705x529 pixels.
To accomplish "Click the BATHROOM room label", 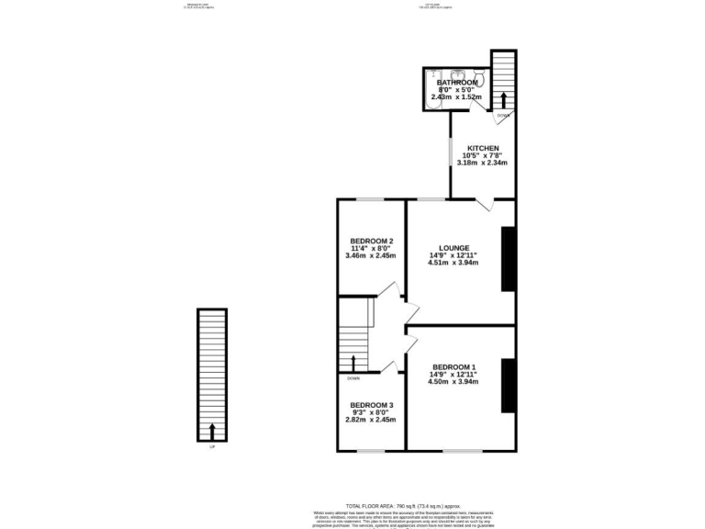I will [457, 83].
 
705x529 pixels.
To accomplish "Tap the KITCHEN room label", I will [483, 149].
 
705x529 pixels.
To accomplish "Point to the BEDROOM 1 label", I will [454, 366].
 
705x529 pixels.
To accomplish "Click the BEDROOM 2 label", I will [372, 242].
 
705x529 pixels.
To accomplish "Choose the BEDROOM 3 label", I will [372, 405].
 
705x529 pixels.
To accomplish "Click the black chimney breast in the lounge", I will [508, 259].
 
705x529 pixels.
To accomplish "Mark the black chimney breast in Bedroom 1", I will [508, 386].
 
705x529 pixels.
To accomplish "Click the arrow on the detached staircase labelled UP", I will [213, 431].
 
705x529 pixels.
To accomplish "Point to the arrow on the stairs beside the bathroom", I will [503, 98].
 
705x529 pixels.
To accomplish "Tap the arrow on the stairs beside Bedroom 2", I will [353, 360].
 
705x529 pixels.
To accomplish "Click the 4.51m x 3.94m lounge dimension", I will [453, 263].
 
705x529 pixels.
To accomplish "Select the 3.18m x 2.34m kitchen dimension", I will [483, 163].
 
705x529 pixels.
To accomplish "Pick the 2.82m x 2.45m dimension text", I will [372, 420].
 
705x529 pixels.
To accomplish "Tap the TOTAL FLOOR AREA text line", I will [401, 506].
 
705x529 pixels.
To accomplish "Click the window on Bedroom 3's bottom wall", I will [371, 450].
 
